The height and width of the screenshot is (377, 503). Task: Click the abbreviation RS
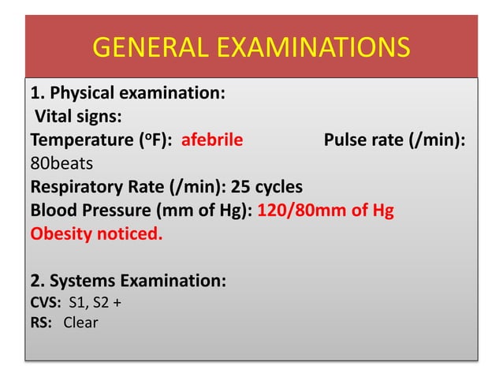39,322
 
